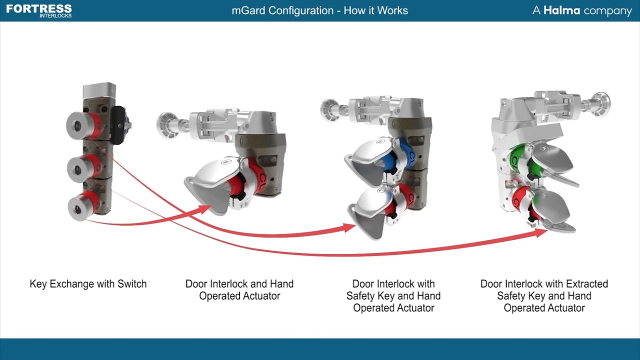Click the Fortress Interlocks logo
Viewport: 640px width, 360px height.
pos(39,10)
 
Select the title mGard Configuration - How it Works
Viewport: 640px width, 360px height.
pos(319,10)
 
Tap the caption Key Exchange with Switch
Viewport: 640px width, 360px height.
pos(88,284)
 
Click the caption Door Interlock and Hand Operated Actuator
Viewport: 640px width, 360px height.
pos(239,290)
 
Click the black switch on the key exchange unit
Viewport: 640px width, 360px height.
pos(117,124)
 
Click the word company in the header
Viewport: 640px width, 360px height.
pos(607,11)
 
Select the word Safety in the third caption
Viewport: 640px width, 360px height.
pos(359,296)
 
